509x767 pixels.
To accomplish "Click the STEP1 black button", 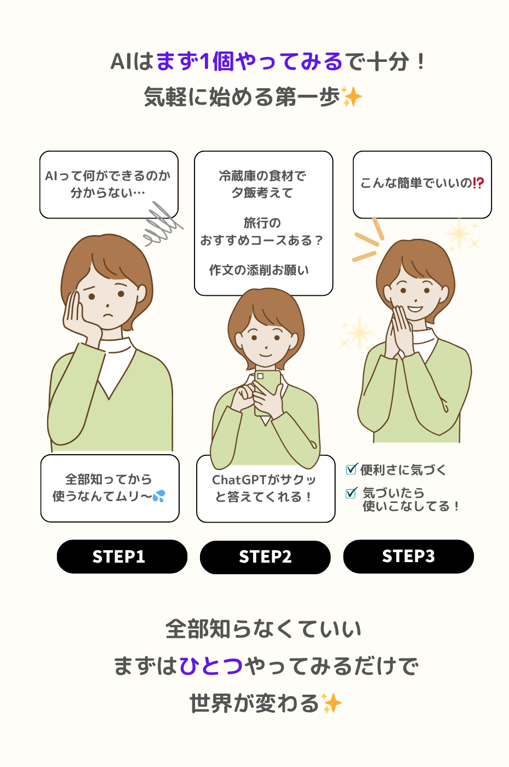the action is [x=122, y=557].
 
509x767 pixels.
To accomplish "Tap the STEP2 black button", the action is [x=265, y=557].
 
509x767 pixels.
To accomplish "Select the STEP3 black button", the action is [x=408, y=557].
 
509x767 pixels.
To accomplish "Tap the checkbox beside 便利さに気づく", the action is [x=351, y=469].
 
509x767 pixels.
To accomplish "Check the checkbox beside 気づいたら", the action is [x=351, y=493].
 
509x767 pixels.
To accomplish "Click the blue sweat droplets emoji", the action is [x=158, y=496].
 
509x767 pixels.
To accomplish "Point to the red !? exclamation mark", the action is [x=478, y=183].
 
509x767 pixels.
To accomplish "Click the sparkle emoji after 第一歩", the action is [x=351, y=97].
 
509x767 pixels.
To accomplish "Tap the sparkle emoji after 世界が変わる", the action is [x=331, y=703].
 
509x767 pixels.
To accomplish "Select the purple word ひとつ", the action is [x=211, y=666].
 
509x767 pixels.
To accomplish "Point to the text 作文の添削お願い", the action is [x=259, y=270].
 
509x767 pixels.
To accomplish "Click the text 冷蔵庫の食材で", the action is [x=262, y=176].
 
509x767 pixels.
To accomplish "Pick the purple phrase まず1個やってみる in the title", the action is [x=249, y=61].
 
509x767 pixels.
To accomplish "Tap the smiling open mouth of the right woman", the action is [x=415, y=309].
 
